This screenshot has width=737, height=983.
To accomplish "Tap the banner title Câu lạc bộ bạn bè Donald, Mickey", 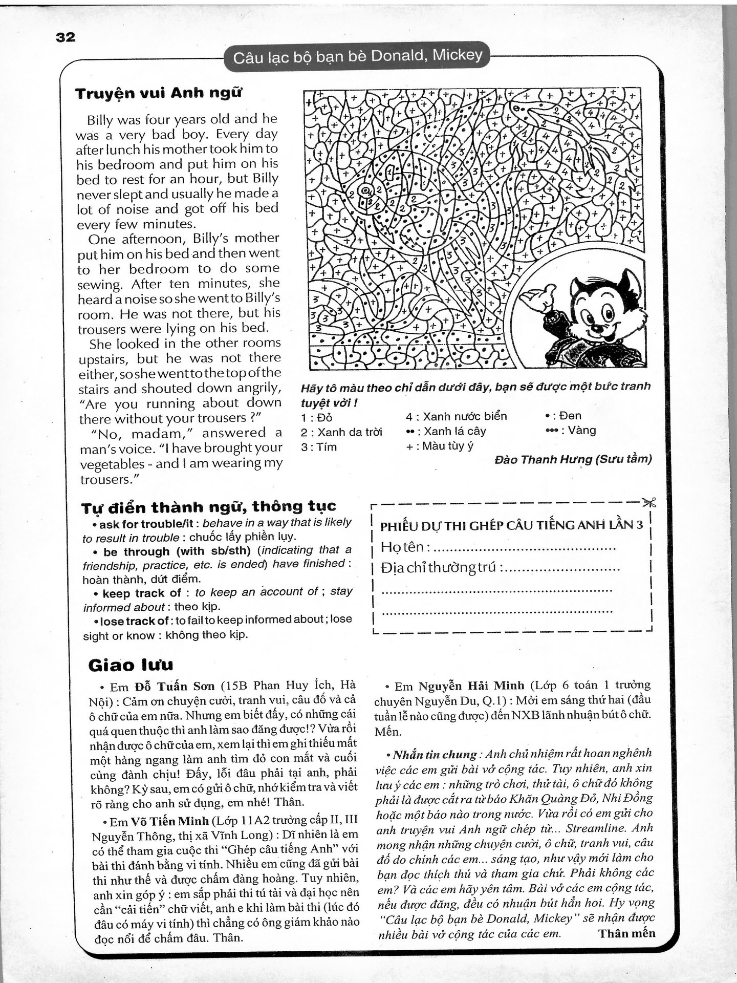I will pyautogui.click(x=357, y=56).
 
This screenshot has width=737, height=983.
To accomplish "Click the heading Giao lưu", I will pyautogui.click(x=131, y=665).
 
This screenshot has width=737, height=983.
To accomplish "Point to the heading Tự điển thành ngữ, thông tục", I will pyautogui.click(x=208, y=507).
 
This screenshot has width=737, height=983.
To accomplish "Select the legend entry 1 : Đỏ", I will pyautogui.click(x=317, y=417).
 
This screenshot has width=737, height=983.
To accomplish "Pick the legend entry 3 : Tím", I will pyautogui.click(x=319, y=447).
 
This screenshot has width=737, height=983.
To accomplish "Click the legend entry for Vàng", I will pyautogui.click(x=571, y=431).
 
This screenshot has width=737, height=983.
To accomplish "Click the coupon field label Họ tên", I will pyautogui.click(x=402, y=547).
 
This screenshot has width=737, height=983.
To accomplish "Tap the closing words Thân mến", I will pyautogui.click(x=626, y=933).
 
